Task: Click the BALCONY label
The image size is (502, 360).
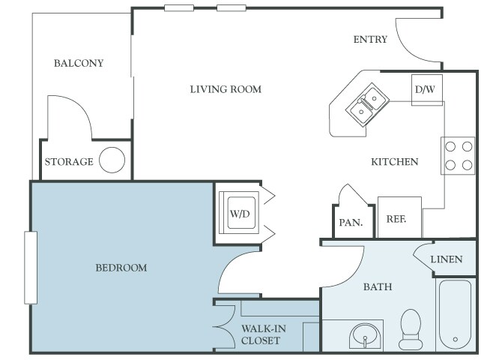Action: pyautogui.click(x=79, y=63)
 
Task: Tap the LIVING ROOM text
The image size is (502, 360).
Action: pyautogui.click(x=226, y=89)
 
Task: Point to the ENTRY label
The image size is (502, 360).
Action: pyautogui.click(x=370, y=40)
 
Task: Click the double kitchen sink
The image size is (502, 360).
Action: pyautogui.click(x=368, y=104)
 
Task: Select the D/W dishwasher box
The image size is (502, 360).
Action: pyautogui.click(x=427, y=90)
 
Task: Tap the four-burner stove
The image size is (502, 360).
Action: pyautogui.click(x=458, y=156)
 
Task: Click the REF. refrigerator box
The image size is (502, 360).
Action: pyautogui.click(x=399, y=217)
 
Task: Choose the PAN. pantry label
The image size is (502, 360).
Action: pyautogui.click(x=351, y=223)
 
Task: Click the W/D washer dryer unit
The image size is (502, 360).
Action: pyautogui.click(x=239, y=212)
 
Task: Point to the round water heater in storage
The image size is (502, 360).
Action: pyautogui.click(x=112, y=160)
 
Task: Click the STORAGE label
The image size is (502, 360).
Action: pyautogui.click(x=69, y=161)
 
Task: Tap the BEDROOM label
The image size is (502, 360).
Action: pyautogui.click(x=121, y=268)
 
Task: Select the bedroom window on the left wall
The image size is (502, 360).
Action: pyautogui.click(x=31, y=268)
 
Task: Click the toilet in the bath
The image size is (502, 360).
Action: pyautogui.click(x=411, y=329)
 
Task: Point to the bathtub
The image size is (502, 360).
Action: pyautogui.click(x=456, y=314)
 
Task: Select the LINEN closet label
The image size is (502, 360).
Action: pyautogui.click(x=447, y=259)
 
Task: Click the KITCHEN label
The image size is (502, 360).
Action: pyautogui.click(x=395, y=161)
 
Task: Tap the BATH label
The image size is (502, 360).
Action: pyautogui.click(x=378, y=286)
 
